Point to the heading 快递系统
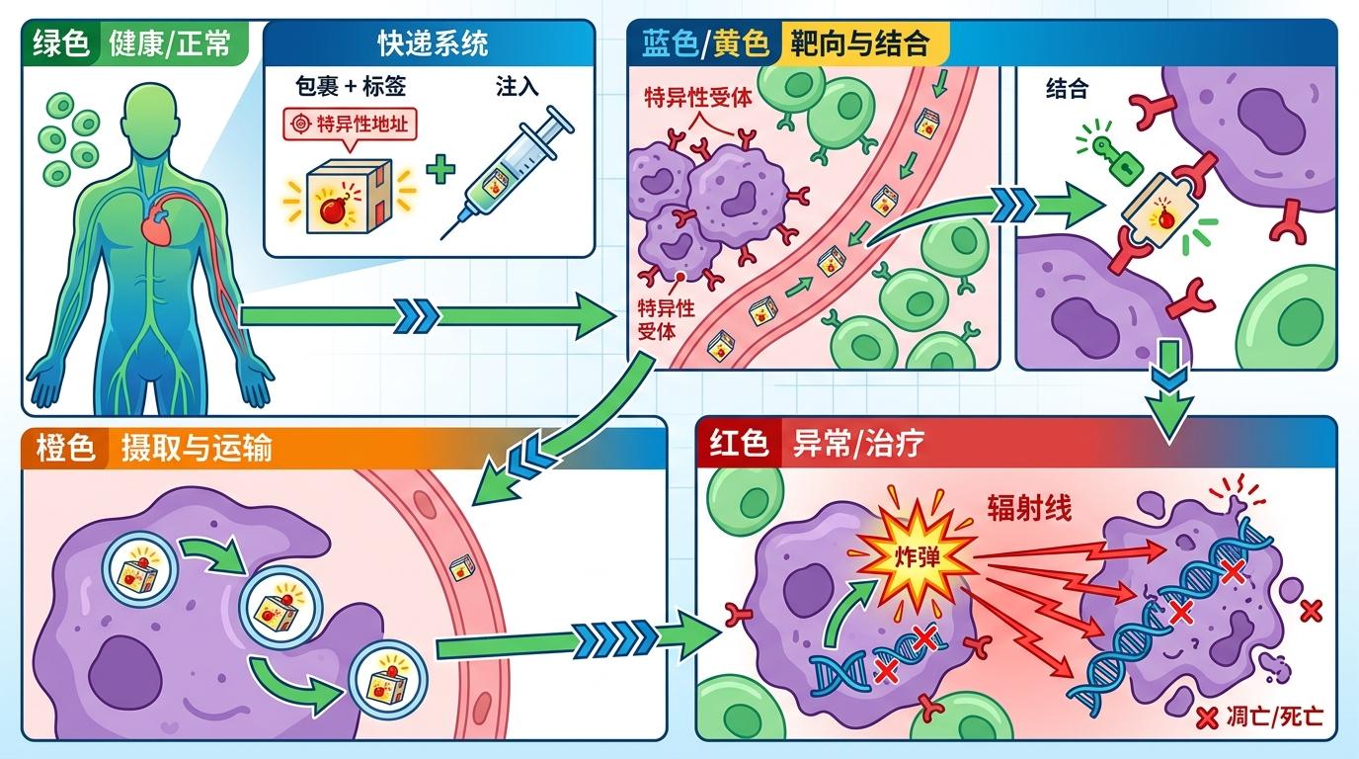point(433,44)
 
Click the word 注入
point(517,86)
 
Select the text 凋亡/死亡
point(1273,717)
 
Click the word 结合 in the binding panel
point(1067,89)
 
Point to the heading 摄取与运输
point(196,448)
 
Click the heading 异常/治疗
point(858,444)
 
